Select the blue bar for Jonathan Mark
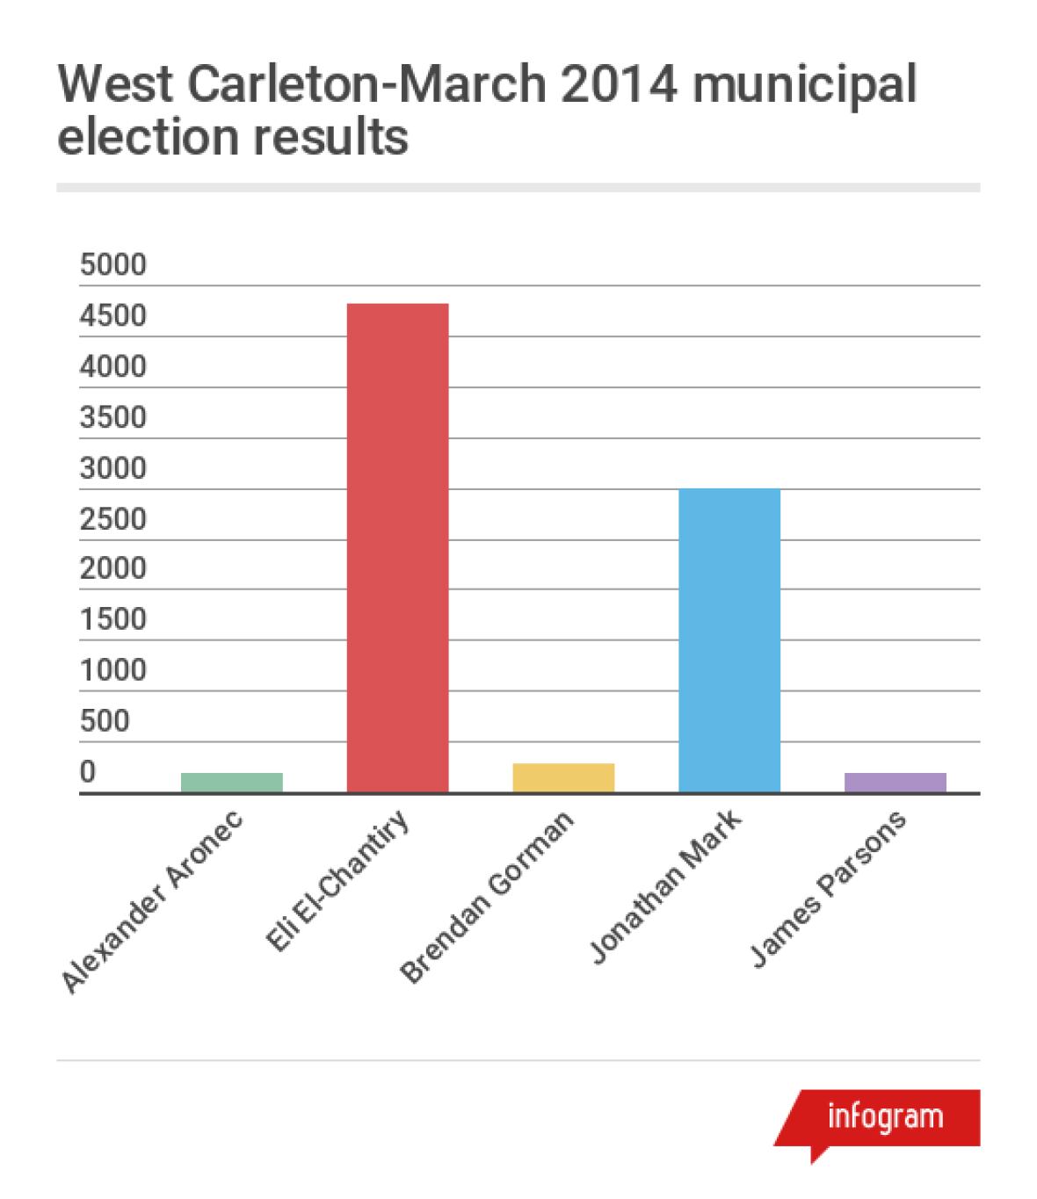tap(729, 640)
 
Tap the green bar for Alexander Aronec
tap(231, 782)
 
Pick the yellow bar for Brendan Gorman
tap(563, 777)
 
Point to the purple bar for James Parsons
tap(895, 782)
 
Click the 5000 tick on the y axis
tap(112, 264)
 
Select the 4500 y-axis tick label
tap(112, 315)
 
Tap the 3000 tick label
tap(112, 468)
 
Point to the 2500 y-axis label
tap(112, 519)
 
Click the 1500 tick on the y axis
tap(112, 620)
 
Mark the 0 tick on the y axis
tap(88, 772)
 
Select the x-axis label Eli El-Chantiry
tap(337, 883)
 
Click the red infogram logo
tap(883, 1117)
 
